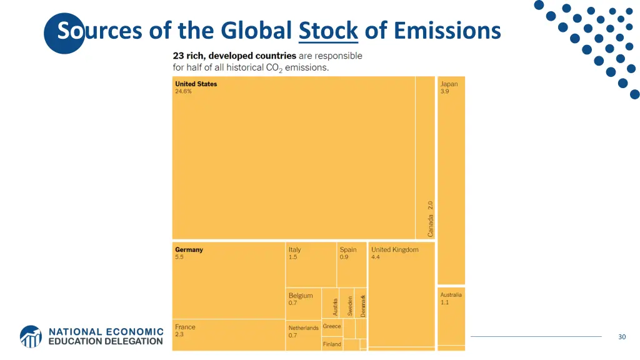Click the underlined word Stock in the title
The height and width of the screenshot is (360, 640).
coord(328,30)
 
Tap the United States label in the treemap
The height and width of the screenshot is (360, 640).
coord(196,84)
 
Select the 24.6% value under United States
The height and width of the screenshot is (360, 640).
coord(184,91)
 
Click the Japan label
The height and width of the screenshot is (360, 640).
coord(449,84)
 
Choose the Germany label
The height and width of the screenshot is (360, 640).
coord(189,249)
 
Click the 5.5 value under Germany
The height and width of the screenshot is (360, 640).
coord(179,257)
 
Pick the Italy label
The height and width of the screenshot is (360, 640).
coord(294,249)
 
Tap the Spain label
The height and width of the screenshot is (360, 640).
coord(348,249)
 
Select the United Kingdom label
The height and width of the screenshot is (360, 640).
coord(395,249)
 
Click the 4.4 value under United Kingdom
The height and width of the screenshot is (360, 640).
coord(376,257)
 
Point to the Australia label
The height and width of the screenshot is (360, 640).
coord(451,294)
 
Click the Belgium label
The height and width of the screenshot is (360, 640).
coord(301,296)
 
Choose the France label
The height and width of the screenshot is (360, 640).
coord(185,327)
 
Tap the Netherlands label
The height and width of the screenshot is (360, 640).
coord(303,327)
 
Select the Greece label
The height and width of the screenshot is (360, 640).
coord(332,326)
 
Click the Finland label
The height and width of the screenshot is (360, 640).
coord(332,344)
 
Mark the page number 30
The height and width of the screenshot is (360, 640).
coord(622,337)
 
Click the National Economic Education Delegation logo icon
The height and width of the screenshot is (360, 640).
coord(31,336)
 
